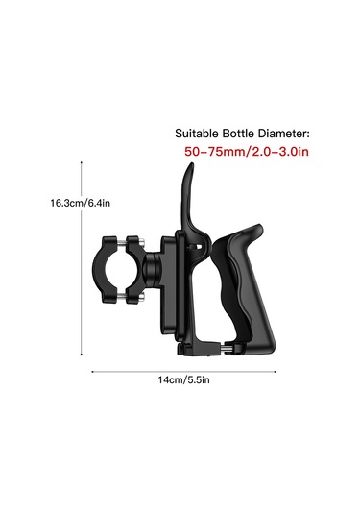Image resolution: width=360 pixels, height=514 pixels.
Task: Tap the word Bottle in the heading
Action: coord(238,134)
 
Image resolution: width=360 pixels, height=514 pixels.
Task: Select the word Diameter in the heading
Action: coord(283,134)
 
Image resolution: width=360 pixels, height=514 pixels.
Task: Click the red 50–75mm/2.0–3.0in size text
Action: coord(247,152)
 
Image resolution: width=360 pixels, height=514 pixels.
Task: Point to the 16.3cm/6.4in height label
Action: coord(81,203)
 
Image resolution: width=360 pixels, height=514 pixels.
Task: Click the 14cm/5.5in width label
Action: coord(183,379)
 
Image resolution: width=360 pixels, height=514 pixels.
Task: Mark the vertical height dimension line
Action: coord(82,258)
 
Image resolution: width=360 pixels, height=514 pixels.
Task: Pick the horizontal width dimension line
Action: coord(183,372)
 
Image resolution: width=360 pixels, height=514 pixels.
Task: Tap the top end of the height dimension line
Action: coord(82,161)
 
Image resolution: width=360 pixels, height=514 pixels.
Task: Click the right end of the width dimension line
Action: coord(276,372)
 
